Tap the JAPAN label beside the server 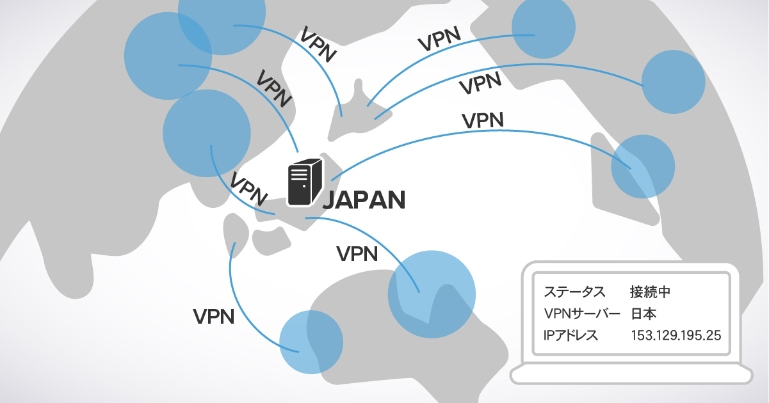pyautogui.click(x=364, y=200)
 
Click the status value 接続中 pyautogui.click(x=651, y=292)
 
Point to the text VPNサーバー pyautogui.click(x=581, y=313)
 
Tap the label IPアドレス pyautogui.click(x=571, y=335)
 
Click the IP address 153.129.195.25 pyautogui.click(x=676, y=335)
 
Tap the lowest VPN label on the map pyautogui.click(x=213, y=316)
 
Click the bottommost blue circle pyautogui.click(x=312, y=342)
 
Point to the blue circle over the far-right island pyautogui.click(x=643, y=166)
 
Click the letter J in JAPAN pyautogui.click(x=328, y=200)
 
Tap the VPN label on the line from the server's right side pyautogui.click(x=482, y=120)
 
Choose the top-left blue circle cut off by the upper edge pyautogui.click(x=221, y=22)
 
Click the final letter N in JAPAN pyautogui.click(x=397, y=200)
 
